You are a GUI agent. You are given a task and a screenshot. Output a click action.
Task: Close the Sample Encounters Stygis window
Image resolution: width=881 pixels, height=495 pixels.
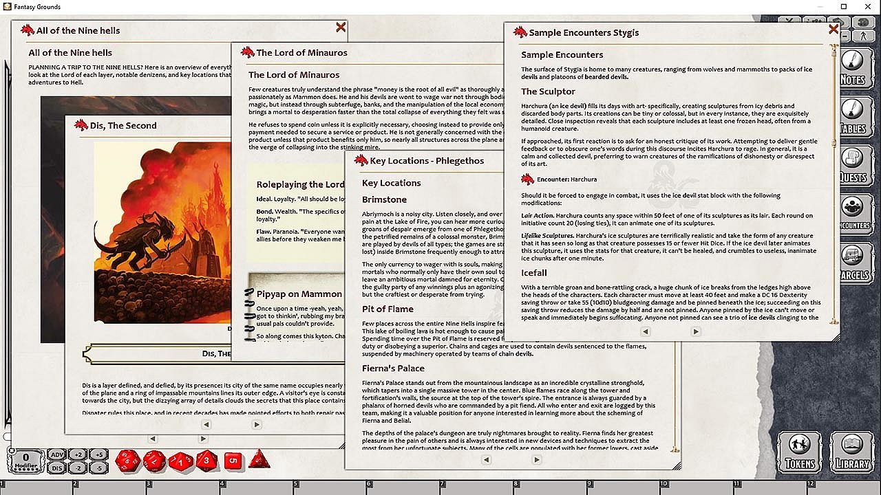(834, 30)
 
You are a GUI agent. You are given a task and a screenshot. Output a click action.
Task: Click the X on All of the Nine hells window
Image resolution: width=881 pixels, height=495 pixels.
(341, 27)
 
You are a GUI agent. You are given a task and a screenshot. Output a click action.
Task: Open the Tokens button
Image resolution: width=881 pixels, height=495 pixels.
(799, 452)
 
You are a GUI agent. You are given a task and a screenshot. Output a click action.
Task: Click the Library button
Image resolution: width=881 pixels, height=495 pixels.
(852, 452)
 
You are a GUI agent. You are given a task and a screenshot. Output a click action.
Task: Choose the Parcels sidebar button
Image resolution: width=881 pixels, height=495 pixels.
(852, 263)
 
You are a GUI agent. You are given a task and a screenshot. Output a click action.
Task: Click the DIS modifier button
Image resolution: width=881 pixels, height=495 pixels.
(56, 467)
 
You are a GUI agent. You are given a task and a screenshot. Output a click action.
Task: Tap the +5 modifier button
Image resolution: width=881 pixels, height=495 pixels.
(99, 454)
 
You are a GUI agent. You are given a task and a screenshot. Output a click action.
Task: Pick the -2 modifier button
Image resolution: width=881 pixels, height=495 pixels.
(78, 467)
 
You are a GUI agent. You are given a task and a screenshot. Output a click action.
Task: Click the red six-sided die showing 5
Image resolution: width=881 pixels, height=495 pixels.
(233, 461)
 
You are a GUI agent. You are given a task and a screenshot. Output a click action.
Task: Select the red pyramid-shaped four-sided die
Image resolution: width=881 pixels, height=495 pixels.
(259, 460)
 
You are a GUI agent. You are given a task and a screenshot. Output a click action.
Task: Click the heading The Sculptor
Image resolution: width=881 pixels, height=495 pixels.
(548, 91)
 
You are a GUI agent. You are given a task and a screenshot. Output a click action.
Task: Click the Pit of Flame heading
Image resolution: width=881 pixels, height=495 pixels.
(388, 309)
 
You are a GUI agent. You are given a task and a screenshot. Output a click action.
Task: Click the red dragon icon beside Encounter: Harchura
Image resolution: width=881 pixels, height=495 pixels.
(528, 179)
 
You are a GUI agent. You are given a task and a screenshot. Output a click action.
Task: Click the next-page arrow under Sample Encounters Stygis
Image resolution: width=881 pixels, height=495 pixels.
(696, 331)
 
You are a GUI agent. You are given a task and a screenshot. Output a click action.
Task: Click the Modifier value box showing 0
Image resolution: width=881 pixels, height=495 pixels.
(25, 459)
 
